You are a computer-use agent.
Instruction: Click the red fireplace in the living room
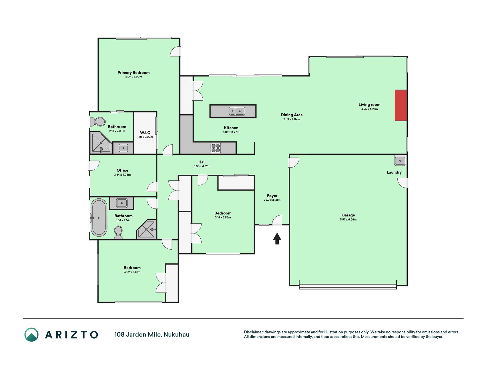click(x=401, y=106)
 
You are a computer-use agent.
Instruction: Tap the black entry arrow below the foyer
click(x=277, y=238)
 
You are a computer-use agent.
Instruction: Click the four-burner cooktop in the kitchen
click(x=216, y=148)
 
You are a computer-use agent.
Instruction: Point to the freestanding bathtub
click(x=99, y=218)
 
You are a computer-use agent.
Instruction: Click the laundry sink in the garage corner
click(x=400, y=161)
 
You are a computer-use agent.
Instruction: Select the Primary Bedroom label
click(x=134, y=73)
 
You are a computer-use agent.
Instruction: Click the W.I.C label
click(x=145, y=133)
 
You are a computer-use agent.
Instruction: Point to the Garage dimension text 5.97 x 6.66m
click(x=348, y=220)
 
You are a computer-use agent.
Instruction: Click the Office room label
click(x=122, y=170)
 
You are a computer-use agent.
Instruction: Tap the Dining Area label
click(x=292, y=115)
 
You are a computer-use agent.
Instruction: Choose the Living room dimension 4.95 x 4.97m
click(x=369, y=109)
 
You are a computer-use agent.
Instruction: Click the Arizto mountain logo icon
click(x=31, y=335)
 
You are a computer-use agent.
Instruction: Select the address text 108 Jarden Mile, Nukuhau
click(x=152, y=335)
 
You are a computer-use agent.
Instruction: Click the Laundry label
click(x=394, y=172)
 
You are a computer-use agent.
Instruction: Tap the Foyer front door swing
click(x=277, y=220)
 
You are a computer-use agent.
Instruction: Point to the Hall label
click(x=202, y=162)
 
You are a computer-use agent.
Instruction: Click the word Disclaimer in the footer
click(x=253, y=332)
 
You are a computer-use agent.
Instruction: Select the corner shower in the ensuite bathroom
click(x=101, y=142)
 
